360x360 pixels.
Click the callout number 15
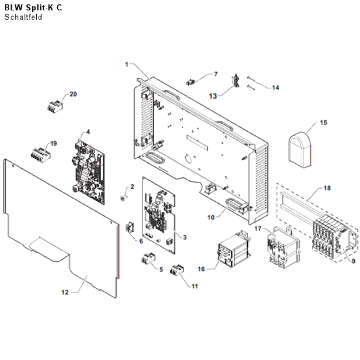[x=323, y=123]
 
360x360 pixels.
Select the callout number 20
[x=73, y=94]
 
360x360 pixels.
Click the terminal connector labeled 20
[x=55, y=107]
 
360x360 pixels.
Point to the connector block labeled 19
[x=41, y=155]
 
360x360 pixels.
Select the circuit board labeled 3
[x=159, y=215]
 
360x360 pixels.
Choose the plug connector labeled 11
[x=177, y=270]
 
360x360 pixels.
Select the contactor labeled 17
[x=283, y=247]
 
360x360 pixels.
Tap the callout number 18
[x=327, y=188]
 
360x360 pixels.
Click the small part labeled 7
[x=190, y=82]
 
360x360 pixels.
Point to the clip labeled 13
[x=236, y=81]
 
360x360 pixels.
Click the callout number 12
[x=65, y=292]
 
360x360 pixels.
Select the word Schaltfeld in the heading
[x=23, y=17]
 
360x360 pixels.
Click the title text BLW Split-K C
[x=33, y=8]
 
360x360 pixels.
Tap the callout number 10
[x=211, y=217]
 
